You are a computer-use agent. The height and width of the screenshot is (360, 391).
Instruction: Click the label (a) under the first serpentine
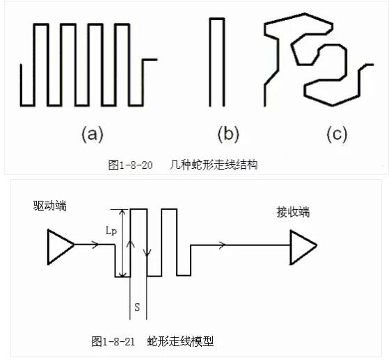(93, 134)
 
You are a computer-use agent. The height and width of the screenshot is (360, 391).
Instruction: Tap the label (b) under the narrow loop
(228, 134)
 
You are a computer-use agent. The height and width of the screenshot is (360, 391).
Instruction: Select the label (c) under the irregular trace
(337, 134)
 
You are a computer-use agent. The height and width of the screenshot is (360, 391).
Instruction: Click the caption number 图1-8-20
(130, 165)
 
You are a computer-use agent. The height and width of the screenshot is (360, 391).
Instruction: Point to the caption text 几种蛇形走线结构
(214, 165)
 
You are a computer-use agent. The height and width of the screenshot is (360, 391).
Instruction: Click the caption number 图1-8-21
(113, 341)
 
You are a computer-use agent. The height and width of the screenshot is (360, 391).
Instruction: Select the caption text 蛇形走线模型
(180, 341)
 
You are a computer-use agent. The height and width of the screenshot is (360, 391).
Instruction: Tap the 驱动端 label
(50, 206)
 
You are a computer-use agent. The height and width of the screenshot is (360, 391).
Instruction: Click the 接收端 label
(294, 213)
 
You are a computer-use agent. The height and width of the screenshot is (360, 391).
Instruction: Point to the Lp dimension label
(111, 231)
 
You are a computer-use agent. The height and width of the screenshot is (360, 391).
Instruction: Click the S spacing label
(137, 307)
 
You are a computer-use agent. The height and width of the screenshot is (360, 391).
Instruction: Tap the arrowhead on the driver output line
(95, 245)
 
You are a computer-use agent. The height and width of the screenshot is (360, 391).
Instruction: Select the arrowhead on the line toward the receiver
(222, 245)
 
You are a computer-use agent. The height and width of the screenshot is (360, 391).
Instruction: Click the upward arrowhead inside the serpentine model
(130, 244)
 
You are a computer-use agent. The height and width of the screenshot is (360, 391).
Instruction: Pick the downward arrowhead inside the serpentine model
(147, 253)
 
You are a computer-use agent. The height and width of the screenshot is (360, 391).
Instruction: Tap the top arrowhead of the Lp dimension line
(122, 213)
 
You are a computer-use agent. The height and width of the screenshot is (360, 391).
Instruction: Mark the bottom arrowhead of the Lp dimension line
(122, 274)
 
